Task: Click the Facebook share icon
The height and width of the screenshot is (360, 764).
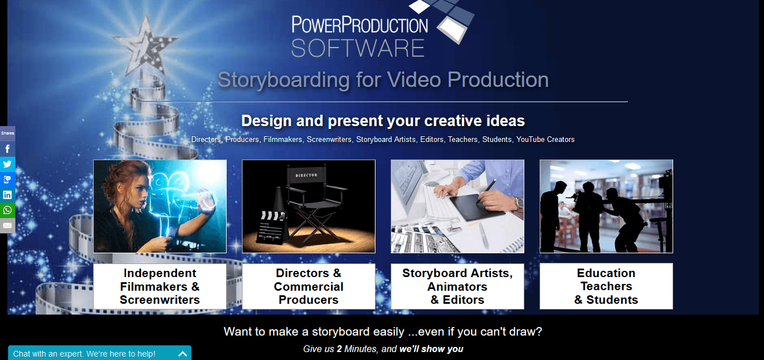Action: point(7,149)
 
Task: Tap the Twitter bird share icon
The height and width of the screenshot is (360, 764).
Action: point(7,164)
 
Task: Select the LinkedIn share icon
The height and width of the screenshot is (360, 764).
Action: point(7,195)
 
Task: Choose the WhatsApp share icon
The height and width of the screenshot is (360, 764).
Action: point(7,210)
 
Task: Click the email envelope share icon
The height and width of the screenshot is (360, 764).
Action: point(7,225)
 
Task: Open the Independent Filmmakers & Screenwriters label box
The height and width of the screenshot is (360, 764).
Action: point(160,286)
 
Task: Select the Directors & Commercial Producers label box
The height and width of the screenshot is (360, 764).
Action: point(308,286)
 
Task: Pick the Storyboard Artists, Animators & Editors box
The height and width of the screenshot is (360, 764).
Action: point(457,286)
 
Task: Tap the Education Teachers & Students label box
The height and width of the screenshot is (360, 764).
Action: point(606,286)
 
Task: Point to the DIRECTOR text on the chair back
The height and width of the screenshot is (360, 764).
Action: point(306,175)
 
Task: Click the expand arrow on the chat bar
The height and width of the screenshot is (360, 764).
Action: point(182,354)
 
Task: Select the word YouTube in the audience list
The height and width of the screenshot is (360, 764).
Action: point(531,140)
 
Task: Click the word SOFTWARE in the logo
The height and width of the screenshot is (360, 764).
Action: point(358,48)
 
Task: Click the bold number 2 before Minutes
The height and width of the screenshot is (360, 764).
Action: point(339,349)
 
